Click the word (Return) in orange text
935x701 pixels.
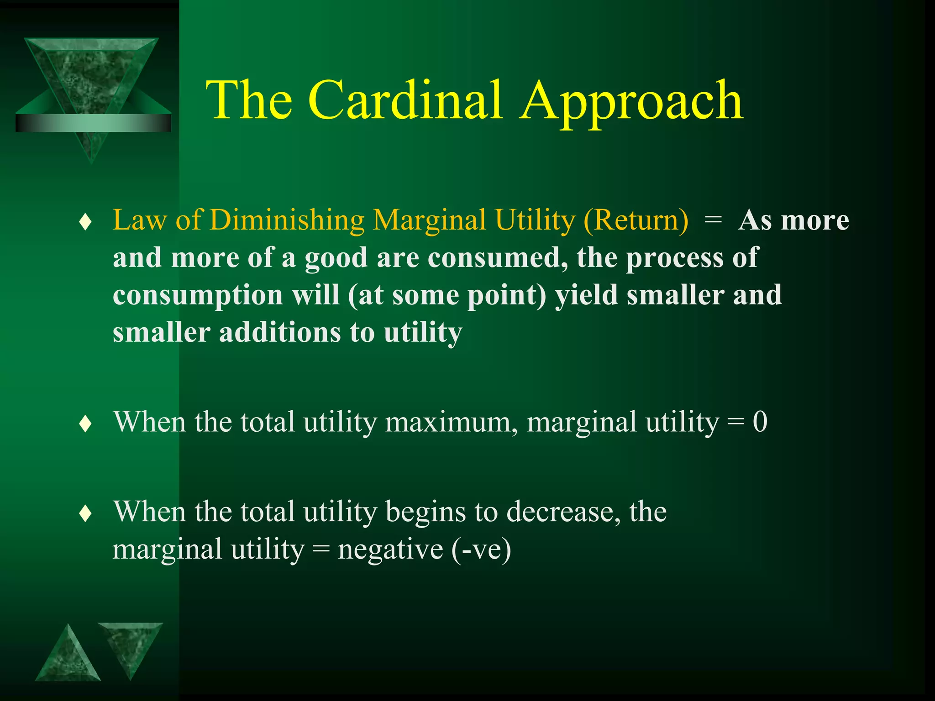[636, 221]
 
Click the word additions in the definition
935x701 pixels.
[280, 332]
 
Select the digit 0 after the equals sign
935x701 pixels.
[760, 422]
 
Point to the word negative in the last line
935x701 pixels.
[390, 549]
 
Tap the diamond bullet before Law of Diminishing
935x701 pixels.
[85, 223]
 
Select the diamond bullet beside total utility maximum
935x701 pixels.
[85, 424]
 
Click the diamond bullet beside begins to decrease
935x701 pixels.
[85, 514]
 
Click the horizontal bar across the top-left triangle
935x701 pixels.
[93, 123]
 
